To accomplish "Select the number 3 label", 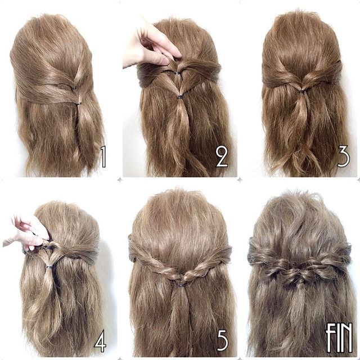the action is coord(343,156).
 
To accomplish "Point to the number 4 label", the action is coord(100,341).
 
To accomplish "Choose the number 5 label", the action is coord(222,341).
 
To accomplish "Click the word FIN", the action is coord(339,337).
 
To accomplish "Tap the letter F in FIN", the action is coord(330,337).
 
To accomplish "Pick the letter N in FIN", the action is coord(346,337).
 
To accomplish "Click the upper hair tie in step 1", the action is coord(74,88).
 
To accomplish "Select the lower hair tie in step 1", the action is coord(79,103).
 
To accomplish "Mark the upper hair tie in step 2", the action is coord(177,74).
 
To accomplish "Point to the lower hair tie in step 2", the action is coord(180,97).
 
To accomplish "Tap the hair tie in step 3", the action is coord(301,92).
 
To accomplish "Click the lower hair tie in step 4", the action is coord(49,267).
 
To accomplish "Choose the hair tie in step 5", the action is coord(182,285).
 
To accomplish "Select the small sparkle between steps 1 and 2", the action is coord(119,181).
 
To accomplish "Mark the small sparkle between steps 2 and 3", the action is coord(240,181).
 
